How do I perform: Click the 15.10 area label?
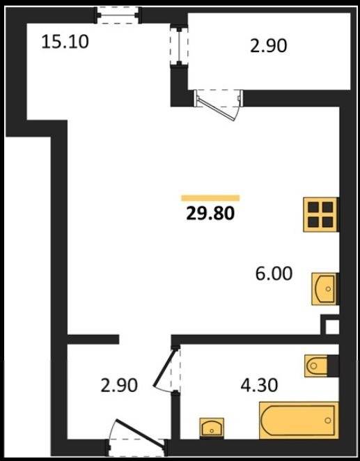point(65,42)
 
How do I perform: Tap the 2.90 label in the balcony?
point(268,46)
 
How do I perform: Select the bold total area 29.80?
point(210,213)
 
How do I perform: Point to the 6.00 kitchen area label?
point(274,274)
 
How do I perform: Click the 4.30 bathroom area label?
point(259,385)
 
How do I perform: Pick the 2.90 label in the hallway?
point(119,385)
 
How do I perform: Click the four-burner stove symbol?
point(320,214)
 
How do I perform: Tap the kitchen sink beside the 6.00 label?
point(325,289)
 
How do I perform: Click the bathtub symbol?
point(299,421)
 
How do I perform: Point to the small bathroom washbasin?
point(212,428)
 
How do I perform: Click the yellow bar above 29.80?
point(210,198)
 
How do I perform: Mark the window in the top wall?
point(118,15)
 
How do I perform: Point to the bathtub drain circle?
point(328,421)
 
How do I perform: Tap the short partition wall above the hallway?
point(93,339)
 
